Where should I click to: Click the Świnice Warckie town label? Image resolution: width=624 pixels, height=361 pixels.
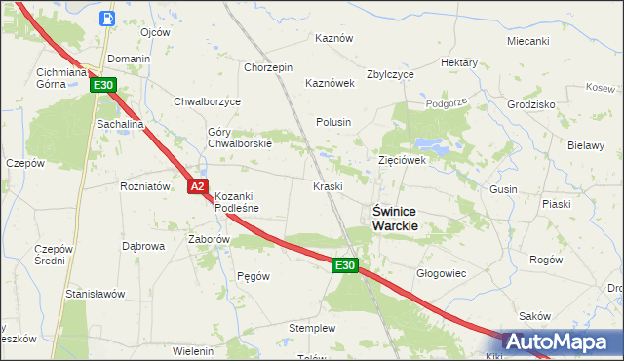(396, 217)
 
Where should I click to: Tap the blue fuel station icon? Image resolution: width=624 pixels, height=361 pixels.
(106, 18)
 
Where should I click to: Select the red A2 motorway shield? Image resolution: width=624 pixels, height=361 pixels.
(197, 185)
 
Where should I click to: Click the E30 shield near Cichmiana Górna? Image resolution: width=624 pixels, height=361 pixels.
(104, 86)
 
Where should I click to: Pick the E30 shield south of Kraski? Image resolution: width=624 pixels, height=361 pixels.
(344, 265)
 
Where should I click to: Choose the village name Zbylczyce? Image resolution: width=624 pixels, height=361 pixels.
(390, 74)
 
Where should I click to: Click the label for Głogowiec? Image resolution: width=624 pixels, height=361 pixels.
(437, 274)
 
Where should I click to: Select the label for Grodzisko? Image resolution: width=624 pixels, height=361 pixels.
(531, 104)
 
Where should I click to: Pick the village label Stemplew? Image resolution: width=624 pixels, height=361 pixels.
(312, 328)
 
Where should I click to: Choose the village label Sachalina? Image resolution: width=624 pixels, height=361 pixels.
(119, 125)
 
